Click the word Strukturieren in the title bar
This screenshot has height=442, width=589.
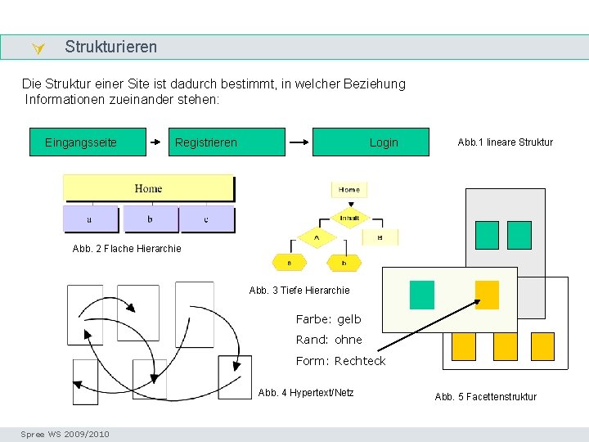tap(111, 47)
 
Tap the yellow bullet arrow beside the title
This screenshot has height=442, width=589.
tap(37, 50)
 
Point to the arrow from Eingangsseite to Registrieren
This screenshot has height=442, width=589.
tap(157, 142)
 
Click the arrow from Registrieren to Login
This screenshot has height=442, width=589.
tap(299, 142)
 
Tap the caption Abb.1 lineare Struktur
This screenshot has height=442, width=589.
tap(505, 142)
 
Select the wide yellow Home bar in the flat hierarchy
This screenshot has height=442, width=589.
tap(148, 189)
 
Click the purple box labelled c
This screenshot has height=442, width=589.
tap(207, 219)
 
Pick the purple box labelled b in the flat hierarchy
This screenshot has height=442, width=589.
tap(150, 219)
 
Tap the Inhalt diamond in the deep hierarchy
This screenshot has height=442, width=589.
tap(349, 218)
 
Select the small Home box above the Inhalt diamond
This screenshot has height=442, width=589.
tap(349, 189)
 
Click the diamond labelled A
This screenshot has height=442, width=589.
tap(317, 237)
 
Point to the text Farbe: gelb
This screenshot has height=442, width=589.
tap(328, 319)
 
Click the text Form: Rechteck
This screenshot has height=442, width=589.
tap(340, 361)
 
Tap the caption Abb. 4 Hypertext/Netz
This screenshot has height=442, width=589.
tap(306, 393)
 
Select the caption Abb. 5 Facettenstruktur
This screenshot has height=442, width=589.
tap(486, 397)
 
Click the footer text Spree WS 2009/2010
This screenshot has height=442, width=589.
tap(65, 434)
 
